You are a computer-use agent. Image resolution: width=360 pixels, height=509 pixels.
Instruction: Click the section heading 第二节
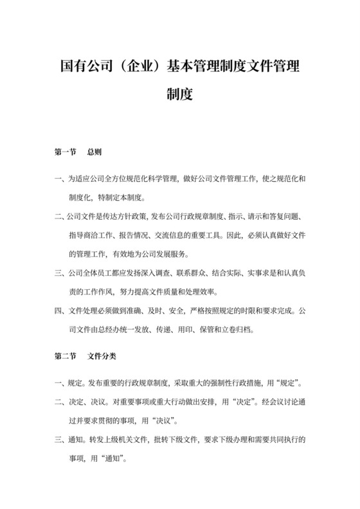[x=67, y=354]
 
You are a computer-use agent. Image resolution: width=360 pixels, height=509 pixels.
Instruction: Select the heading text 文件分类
[x=102, y=354]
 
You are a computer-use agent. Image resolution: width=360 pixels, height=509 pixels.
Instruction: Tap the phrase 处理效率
[x=207, y=290]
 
